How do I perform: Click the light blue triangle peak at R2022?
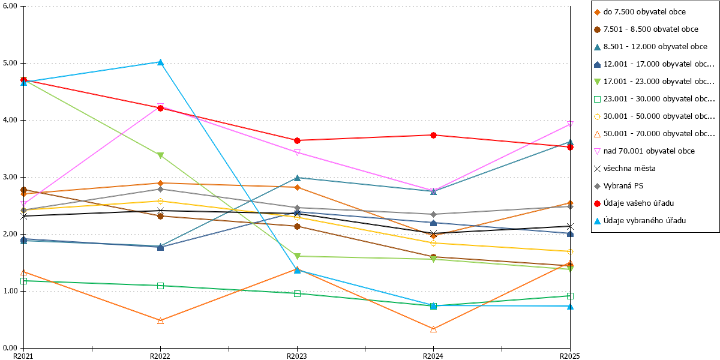click(x=160, y=62)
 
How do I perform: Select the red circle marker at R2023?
click(x=297, y=140)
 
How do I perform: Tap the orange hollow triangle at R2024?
click(x=433, y=329)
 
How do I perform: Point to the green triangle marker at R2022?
click(x=160, y=155)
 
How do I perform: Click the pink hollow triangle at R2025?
click(x=570, y=124)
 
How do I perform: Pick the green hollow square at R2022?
click(x=160, y=286)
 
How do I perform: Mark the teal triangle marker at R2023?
click(x=297, y=178)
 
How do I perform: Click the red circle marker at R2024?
click(x=433, y=136)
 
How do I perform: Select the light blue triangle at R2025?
click(x=570, y=307)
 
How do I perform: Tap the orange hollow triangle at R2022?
click(x=160, y=320)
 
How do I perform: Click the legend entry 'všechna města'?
click(x=625, y=169)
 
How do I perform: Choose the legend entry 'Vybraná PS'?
click(x=619, y=186)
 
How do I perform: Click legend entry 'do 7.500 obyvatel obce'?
click(x=640, y=12)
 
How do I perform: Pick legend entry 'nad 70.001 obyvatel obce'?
click(x=644, y=151)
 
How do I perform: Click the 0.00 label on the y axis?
click(x=10, y=348)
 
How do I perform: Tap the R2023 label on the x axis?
click(x=296, y=356)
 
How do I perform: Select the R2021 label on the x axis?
click(x=23, y=356)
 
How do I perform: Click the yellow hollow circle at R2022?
click(x=160, y=201)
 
